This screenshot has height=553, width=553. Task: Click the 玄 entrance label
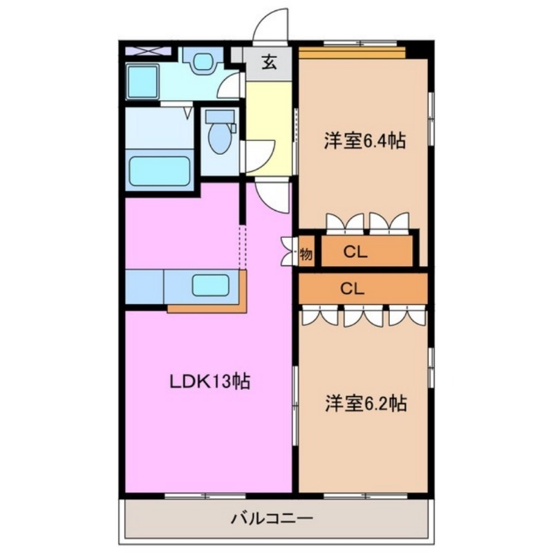269,63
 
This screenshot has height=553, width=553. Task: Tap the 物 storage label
306,254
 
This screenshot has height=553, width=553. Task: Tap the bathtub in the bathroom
160,169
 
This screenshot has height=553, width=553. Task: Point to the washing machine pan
142,82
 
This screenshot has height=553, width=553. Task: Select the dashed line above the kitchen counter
242,245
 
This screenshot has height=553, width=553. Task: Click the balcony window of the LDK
205,494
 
